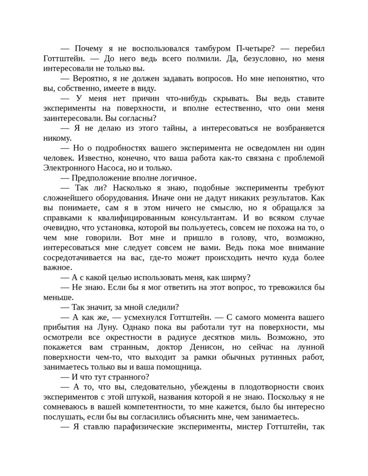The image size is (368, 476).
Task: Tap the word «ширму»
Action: tap(235, 277)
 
